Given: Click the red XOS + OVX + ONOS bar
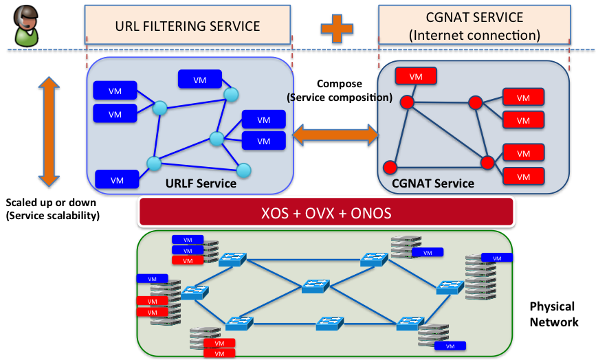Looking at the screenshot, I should [x=326, y=213].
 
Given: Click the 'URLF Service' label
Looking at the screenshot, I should [x=201, y=183].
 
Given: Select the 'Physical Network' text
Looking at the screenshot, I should [x=553, y=314].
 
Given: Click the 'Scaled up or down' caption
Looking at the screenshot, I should [x=51, y=203].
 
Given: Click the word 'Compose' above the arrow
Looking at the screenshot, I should [x=339, y=84].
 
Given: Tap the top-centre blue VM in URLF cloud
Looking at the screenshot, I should [x=199, y=80].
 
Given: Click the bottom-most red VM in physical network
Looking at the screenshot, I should [x=219, y=353].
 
